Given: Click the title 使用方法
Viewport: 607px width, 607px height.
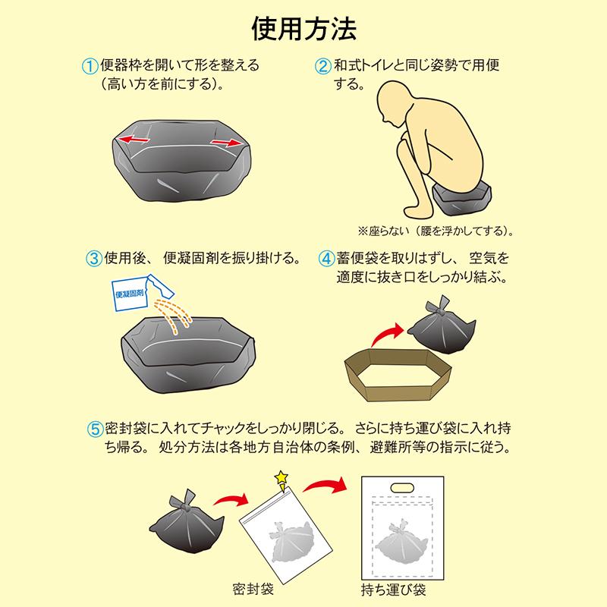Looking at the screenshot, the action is point(304,29).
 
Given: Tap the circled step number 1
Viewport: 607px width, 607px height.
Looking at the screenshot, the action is point(90,66).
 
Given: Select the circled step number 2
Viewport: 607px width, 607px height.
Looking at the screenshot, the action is point(323,66).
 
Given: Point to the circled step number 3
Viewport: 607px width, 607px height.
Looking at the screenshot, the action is point(93,258).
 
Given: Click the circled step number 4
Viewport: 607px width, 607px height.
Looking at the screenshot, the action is point(326,258).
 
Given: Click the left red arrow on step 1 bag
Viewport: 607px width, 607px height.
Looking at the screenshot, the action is point(134,139).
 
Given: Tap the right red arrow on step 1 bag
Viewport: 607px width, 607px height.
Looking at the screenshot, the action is point(226,143).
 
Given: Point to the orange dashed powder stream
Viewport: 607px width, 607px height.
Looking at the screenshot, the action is point(173,314).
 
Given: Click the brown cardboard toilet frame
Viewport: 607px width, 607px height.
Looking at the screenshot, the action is point(398,375).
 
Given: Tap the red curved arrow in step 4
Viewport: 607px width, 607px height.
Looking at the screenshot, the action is point(387,334).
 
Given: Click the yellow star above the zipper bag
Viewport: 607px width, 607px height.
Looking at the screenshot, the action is point(281,477).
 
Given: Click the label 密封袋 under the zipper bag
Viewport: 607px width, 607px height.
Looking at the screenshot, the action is point(253,589).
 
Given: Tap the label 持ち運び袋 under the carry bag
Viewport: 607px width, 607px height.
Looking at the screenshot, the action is point(393,590).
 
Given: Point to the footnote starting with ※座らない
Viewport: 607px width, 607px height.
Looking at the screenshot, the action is point(436,231).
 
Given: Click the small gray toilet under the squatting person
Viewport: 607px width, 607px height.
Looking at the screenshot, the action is point(463,200).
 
